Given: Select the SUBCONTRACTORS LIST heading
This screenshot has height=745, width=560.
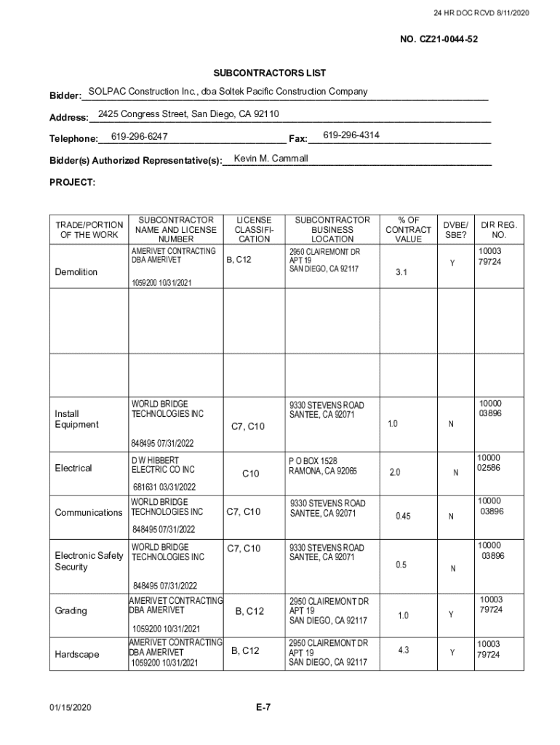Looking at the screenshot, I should [269, 73].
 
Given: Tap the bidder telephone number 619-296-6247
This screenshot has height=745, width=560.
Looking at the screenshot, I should [140, 136].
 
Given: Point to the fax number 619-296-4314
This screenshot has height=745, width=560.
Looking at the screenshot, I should [351, 135].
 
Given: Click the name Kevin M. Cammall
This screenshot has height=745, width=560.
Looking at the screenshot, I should [271, 159].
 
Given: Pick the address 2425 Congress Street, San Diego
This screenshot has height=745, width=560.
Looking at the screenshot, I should [188, 114].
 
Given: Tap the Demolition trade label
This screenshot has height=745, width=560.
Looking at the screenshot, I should [76, 272].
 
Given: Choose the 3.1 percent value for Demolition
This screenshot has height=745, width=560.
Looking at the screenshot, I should [401, 272].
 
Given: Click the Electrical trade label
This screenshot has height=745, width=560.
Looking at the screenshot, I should [73, 468].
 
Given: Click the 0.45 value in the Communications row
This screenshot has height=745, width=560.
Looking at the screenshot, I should [403, 517].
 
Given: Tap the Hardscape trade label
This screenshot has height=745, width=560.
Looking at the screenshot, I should [77, 655].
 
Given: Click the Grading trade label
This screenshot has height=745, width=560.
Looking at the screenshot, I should [71, 610].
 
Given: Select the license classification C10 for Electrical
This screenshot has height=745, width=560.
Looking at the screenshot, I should [250, 474].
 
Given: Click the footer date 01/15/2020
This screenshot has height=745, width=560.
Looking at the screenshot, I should [71, 707].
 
